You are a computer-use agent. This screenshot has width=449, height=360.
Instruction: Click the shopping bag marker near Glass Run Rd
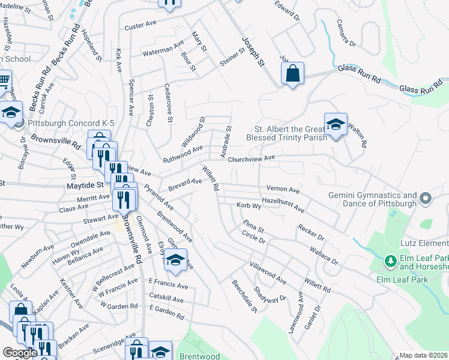pos(292,74)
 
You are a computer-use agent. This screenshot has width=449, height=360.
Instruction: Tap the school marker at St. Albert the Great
pos(336,125)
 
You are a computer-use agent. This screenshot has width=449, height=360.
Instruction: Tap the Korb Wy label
pos(248,206)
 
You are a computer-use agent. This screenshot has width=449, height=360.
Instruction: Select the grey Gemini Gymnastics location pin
pos(426,198)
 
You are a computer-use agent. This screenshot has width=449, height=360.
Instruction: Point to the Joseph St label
pos(253,51)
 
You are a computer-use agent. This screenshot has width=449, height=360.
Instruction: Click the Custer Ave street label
pos(140,27)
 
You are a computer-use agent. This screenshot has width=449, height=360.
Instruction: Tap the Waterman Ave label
pos(163,49)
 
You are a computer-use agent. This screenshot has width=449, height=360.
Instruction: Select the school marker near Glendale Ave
pos(175,260)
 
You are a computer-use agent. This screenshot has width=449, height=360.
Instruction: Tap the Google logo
pos(19,353)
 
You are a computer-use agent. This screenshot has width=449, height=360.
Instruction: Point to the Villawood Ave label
pos(268,271)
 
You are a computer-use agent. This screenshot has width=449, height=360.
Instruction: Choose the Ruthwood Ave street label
pos(183,154)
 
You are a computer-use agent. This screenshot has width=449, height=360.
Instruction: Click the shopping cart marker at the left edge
pos(4,80)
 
